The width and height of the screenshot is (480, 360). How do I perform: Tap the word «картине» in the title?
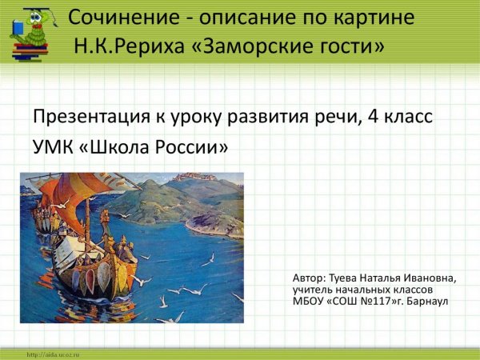[373, 18]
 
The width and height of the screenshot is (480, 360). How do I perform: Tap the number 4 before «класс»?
[374, 117]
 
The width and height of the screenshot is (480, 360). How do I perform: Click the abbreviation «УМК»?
[54, 148]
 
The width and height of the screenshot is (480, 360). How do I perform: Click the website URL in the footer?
[54, 354]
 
